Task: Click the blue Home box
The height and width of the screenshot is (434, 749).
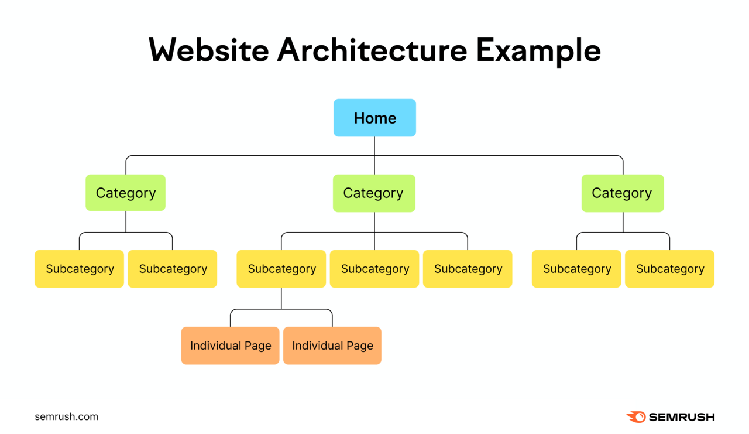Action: (x=374, y=118)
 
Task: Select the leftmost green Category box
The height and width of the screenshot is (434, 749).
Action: (x=126, y=193)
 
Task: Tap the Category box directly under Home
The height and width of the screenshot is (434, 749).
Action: (x=374, y=193)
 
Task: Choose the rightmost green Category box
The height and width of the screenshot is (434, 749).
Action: (x=622, y=193)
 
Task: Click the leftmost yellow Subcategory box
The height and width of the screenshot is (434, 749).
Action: (x=80, y=269)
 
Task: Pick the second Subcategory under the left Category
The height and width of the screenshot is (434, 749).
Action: (x=173, y=269)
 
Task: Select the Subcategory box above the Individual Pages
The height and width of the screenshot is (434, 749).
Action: (x=281, y=269)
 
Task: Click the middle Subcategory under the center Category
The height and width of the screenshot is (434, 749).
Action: (x=374, y=269)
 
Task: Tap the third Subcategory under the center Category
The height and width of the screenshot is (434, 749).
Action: (x=468, y=269)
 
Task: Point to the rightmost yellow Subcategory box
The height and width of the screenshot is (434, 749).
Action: (x=669, y=269)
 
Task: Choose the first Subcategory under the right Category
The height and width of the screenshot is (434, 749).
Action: (x=576, y=269)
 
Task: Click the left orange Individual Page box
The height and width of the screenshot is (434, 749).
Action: (x=231, y=346)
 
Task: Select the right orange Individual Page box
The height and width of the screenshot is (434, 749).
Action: (x=332, y=346)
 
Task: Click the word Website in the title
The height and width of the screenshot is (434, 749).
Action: (x=208, y=50)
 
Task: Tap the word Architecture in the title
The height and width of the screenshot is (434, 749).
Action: (x=372, y=50)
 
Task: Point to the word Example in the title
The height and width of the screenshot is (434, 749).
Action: (x=538, y=50)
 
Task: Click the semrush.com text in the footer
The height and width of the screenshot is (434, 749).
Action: (x=66, y=417)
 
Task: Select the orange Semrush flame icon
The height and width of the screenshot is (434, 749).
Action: (x=636, y=417)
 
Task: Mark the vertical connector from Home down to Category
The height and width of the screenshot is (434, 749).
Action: (x=374, y=164)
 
